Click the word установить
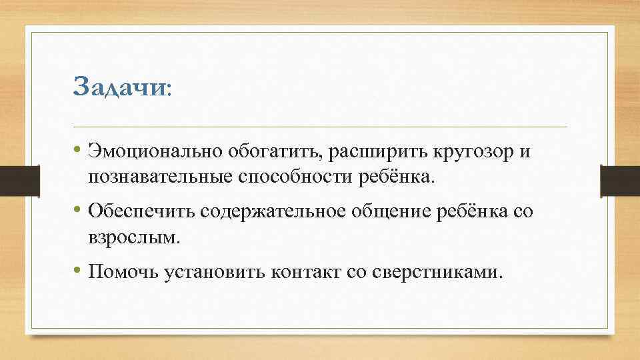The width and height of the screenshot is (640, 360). (x=212, y=271)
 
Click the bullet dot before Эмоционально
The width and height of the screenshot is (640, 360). (x=78, y=153)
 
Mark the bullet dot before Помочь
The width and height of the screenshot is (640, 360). (x=78, y=271)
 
